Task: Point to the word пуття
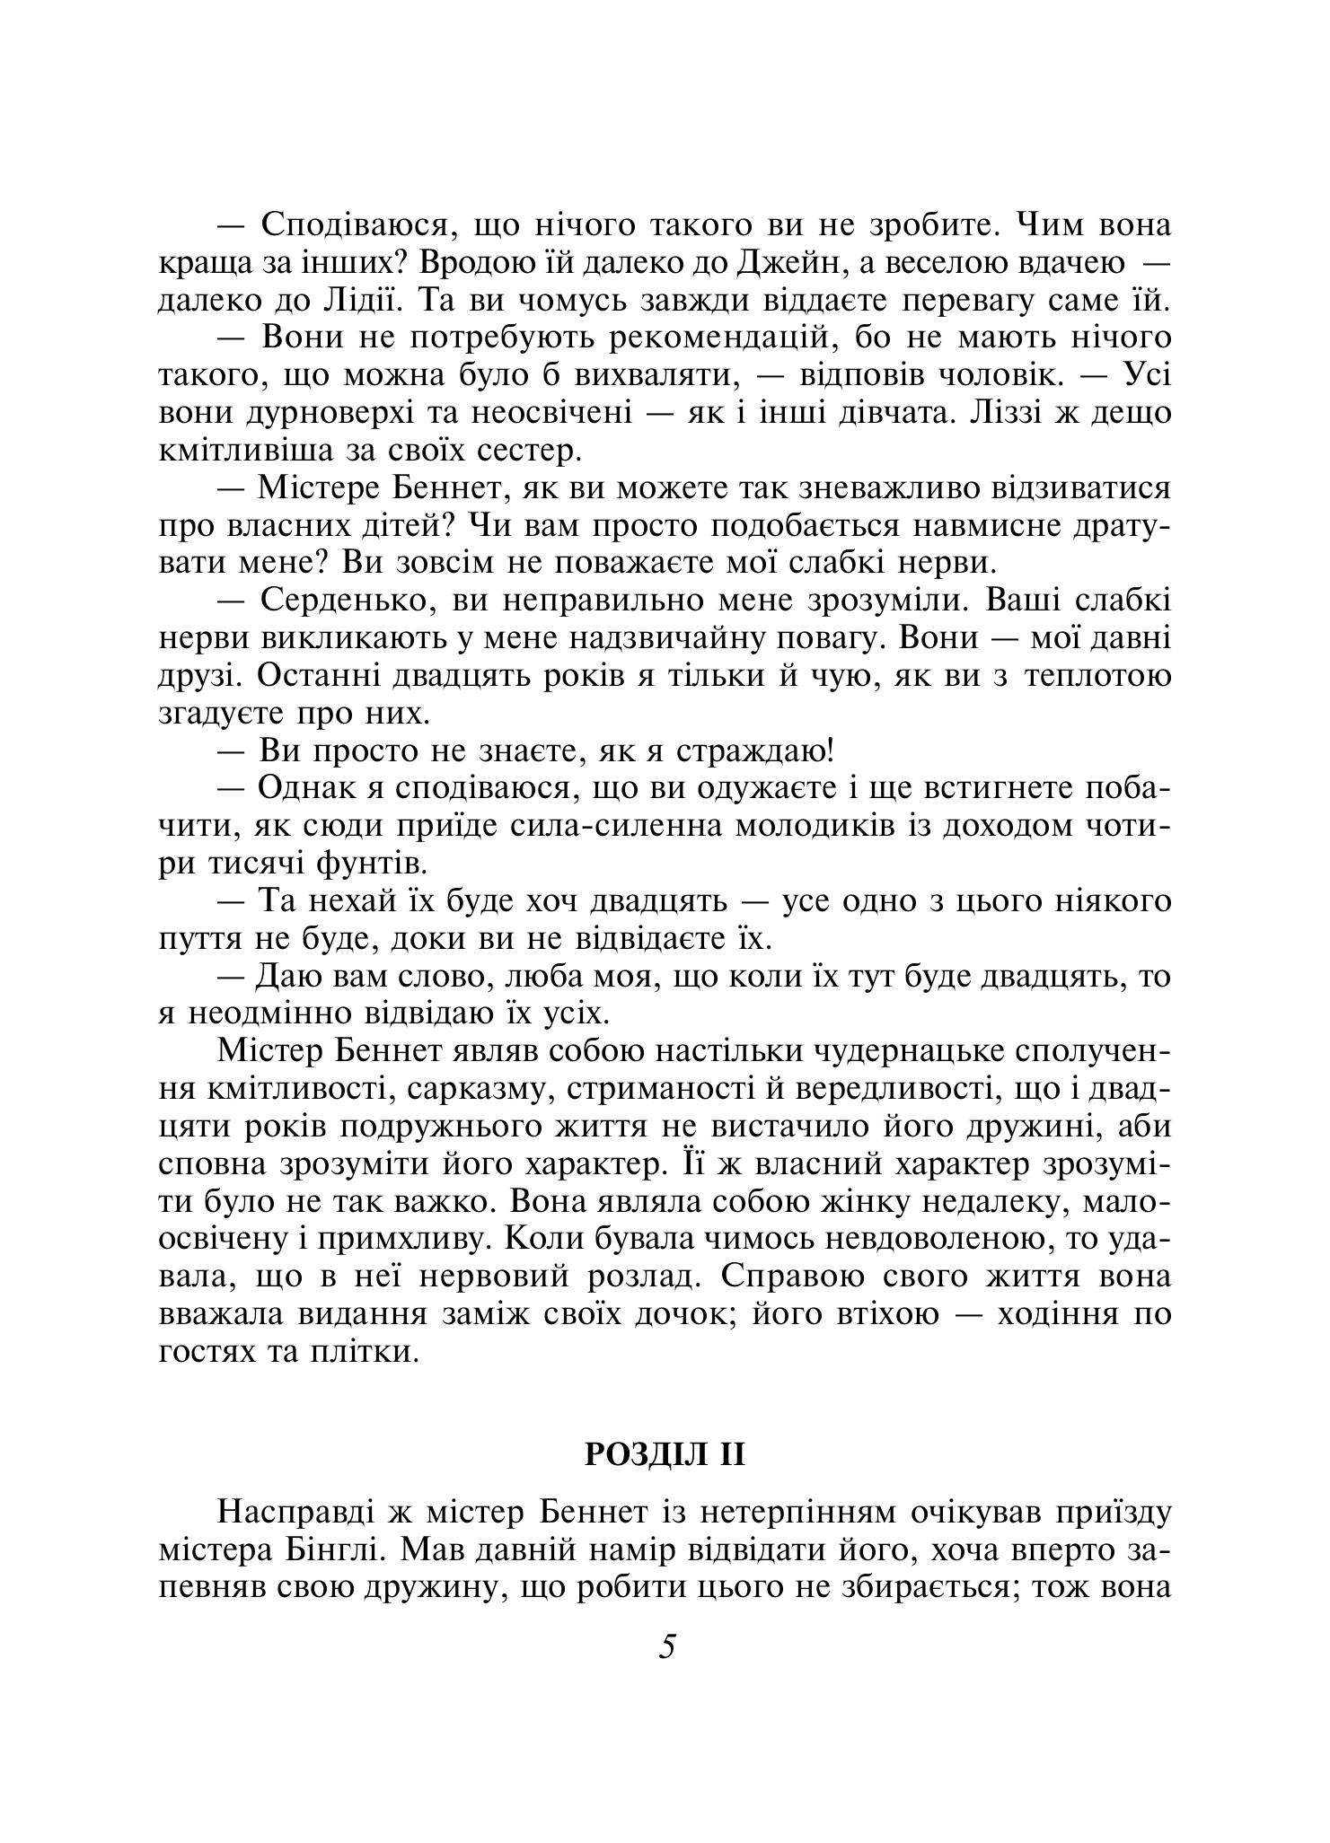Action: click(x=202, y=939)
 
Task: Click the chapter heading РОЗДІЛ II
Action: click(x=665, y=1453)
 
